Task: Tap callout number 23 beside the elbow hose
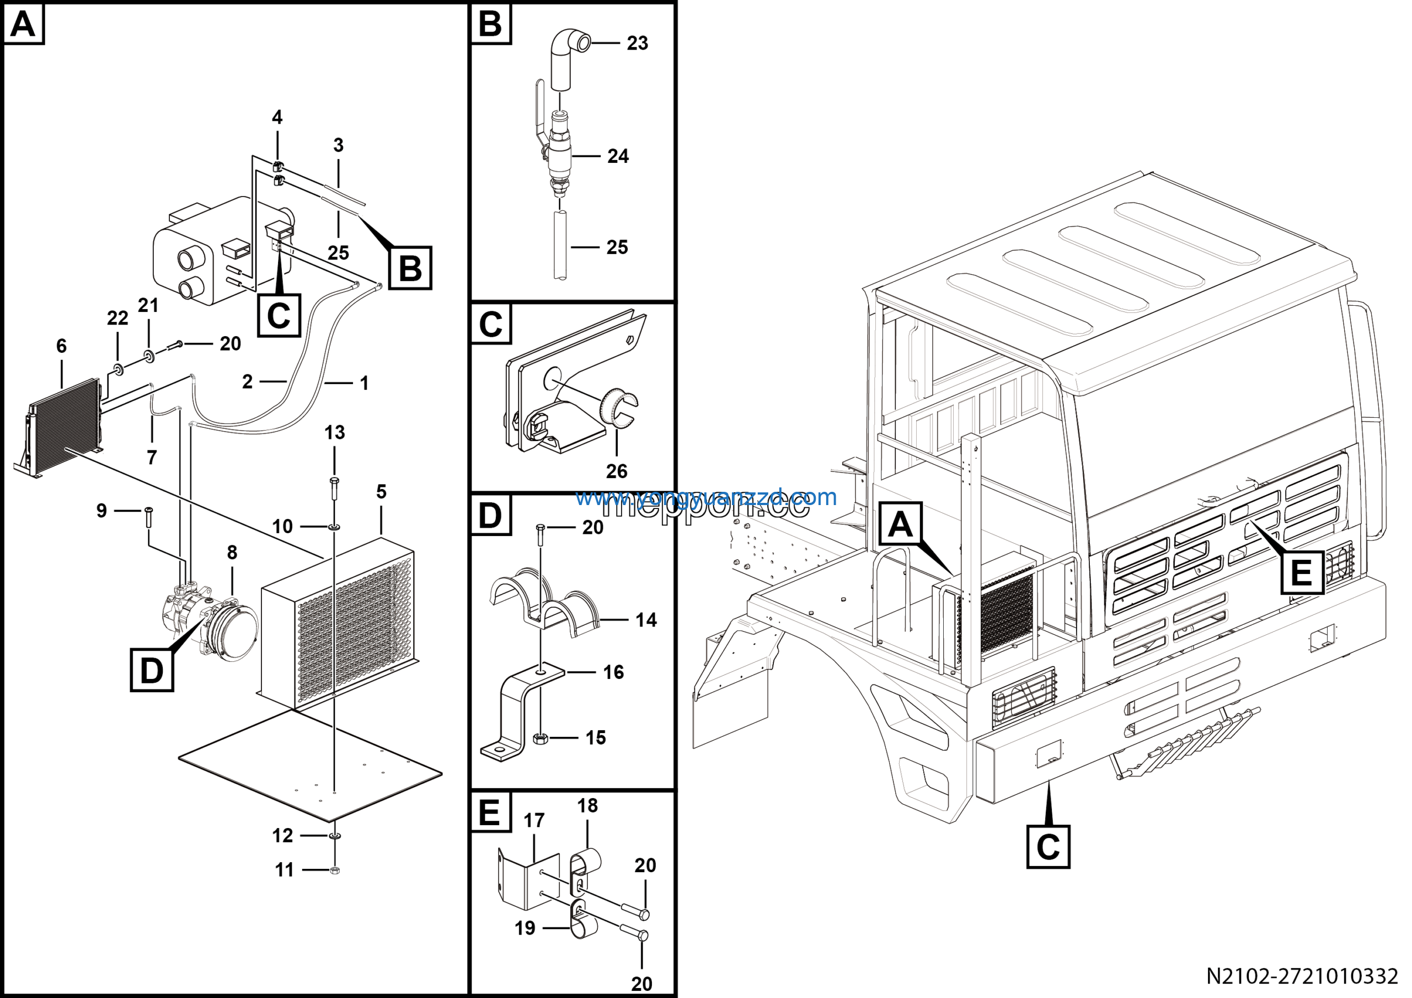tap(637, 43)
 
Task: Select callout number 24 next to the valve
tap(618, 156)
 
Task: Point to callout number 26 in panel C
tap(616, 471)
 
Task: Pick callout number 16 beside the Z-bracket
tap(613, 672)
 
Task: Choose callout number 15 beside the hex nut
tap(595, 737)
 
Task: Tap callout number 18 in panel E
tap(587, 805)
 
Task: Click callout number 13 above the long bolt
tap(335, 433)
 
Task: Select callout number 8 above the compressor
tap(232, 553)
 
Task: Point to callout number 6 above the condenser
tap(61, 346)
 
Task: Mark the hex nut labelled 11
tap(335, 870)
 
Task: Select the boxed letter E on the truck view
tap(1302, 574)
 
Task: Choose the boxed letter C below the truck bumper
tap(1048, 847)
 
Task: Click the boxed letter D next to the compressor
tap(152, 670)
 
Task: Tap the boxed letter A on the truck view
tap(900, 524)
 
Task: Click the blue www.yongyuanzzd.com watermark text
tap(706, 497)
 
